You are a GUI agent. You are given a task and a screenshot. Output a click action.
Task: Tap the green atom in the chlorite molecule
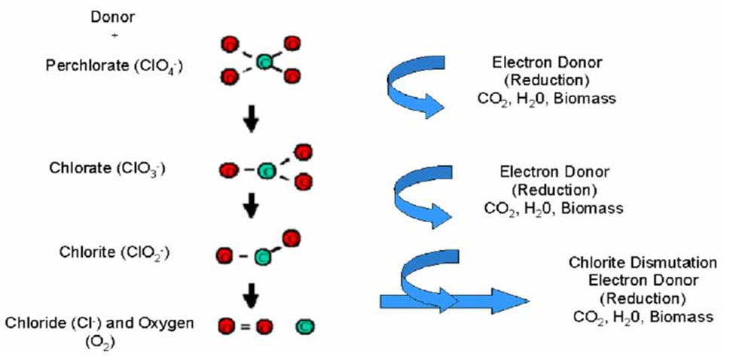[262, 257]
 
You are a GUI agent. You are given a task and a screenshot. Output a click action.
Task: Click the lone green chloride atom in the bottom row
[306, 328]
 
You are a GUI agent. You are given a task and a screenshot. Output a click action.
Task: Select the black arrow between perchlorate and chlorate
[253, 121]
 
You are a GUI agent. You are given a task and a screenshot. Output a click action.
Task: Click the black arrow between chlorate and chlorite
[253, 205]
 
